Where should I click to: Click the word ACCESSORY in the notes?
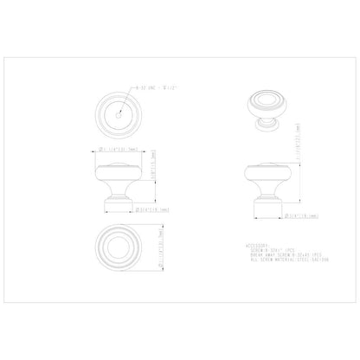click(261, 244)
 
